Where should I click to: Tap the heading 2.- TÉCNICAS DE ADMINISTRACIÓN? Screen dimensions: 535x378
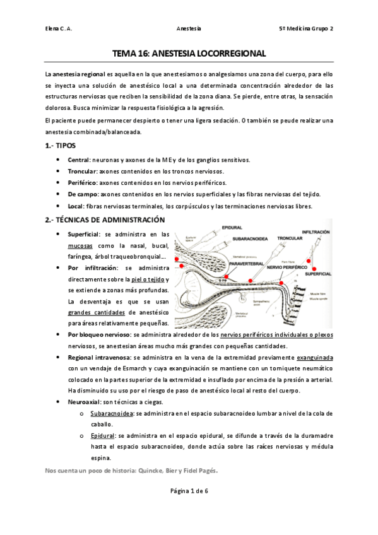(105, 220)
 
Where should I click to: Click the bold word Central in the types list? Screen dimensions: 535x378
(80, 160)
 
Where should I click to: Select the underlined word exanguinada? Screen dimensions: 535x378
(315, 357)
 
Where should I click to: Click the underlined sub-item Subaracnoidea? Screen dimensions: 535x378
(111, 413)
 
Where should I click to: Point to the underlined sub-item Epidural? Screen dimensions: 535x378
(102, 436)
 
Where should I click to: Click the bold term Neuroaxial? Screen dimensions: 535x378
(85, 402)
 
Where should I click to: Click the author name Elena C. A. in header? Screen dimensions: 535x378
(59, 28)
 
